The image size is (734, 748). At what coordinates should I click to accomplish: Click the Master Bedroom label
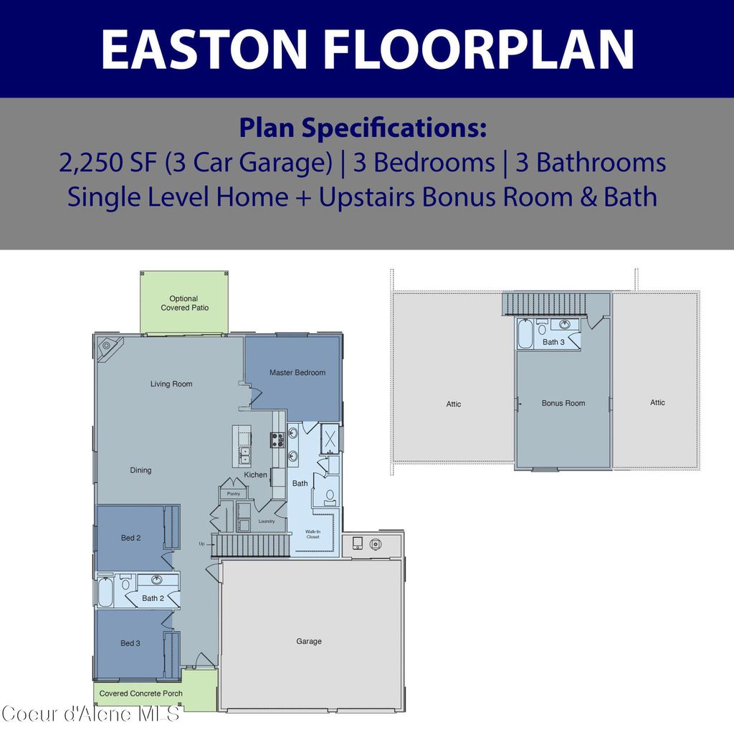tap(297, 373)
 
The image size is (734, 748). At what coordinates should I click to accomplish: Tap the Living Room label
tap(171, 384)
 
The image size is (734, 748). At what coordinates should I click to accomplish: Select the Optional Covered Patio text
tap(184, 303)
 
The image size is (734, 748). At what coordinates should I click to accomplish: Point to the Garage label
tap(309, 641)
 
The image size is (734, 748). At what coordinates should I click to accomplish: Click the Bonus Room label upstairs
tap(563, 404)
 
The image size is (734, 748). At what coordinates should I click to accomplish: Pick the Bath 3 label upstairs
tap(553, 342)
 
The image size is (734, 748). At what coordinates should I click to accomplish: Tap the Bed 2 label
tap(130, 538)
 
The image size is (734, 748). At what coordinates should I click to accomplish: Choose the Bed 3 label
tap(130, 643)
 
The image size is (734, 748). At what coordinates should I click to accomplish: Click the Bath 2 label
tap(153, 598)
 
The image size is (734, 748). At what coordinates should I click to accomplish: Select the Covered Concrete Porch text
tap(140, 693)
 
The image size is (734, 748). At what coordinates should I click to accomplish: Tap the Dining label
tap(140, 470)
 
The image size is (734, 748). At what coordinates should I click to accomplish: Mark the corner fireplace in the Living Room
tap(108, 346)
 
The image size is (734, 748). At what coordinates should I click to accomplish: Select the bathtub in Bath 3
tap(525, 336)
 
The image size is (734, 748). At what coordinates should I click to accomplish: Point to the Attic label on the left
tap(454, 404)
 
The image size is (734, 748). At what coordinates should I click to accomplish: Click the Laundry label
tap(267, 521)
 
